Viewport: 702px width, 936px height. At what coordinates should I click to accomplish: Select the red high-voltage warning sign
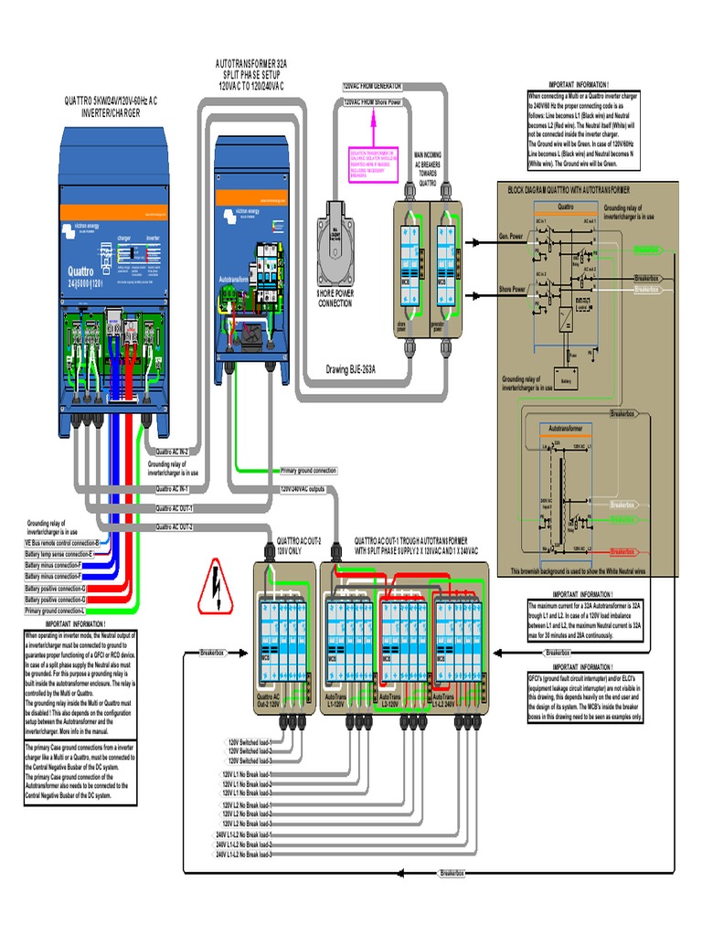(214, 586)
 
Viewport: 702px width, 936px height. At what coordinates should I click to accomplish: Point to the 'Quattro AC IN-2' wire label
(172, 452)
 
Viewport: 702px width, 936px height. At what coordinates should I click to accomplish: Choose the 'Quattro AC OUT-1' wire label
(174, 508)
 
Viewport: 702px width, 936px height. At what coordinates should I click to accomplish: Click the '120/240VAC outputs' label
(303, 489)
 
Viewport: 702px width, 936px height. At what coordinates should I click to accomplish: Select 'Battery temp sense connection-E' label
(59, 554)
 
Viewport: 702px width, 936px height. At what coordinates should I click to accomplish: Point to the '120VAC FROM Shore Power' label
(373, 102)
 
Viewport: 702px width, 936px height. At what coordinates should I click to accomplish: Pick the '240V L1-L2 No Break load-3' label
(244, 856)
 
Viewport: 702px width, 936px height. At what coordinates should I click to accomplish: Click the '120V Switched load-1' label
(250, 742)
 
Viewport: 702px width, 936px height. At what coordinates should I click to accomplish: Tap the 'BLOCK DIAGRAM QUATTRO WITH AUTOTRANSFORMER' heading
(569, 189)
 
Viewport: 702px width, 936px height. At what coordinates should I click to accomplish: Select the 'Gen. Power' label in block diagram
(511, 236)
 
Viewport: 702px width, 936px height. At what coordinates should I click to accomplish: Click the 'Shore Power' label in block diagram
(512, 290)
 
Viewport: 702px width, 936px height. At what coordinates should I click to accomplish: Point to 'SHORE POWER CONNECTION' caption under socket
(335, 298)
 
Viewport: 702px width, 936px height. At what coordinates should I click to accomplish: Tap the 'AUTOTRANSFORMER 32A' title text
(251, 66)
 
